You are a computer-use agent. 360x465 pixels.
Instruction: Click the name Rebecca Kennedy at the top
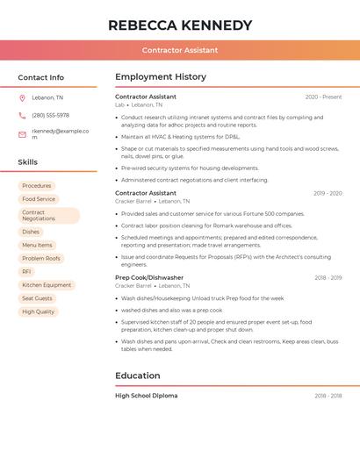tap(180, 25)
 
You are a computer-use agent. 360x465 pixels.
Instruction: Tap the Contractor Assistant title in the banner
tap(180, 50)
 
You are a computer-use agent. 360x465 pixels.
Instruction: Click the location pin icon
tap(22, 97)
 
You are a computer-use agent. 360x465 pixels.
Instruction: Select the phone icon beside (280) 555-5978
tap(22, 115)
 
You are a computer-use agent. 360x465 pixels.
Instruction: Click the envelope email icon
tap(22, 134)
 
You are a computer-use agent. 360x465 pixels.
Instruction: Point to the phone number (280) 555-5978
tap(50, 115)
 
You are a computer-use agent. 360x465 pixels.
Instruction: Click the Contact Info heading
tap(41, 77)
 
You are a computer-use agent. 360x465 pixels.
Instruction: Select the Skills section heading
tap(28, 162)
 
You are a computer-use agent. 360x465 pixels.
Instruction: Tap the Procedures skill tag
tap(37, 186)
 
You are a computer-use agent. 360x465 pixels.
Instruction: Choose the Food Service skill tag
tap(39, 199)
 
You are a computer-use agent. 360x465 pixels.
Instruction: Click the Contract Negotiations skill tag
tap(48, 216)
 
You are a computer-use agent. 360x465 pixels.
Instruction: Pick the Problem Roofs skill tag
tap(41, 259)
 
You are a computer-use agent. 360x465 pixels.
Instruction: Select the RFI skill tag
tap(26, 272)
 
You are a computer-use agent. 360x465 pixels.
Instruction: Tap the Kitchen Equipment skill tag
tap(47, 285)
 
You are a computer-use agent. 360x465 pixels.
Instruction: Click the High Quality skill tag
tap(39, 311)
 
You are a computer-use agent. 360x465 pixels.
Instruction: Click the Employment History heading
tap(161, 77)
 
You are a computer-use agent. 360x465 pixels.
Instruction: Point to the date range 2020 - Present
tap(323, 97)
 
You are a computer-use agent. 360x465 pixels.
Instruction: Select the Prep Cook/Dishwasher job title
tap(149, 277)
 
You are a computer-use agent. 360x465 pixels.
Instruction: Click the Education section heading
tap(138, 376)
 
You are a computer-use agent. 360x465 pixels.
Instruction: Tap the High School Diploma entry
tap(147, 396)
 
